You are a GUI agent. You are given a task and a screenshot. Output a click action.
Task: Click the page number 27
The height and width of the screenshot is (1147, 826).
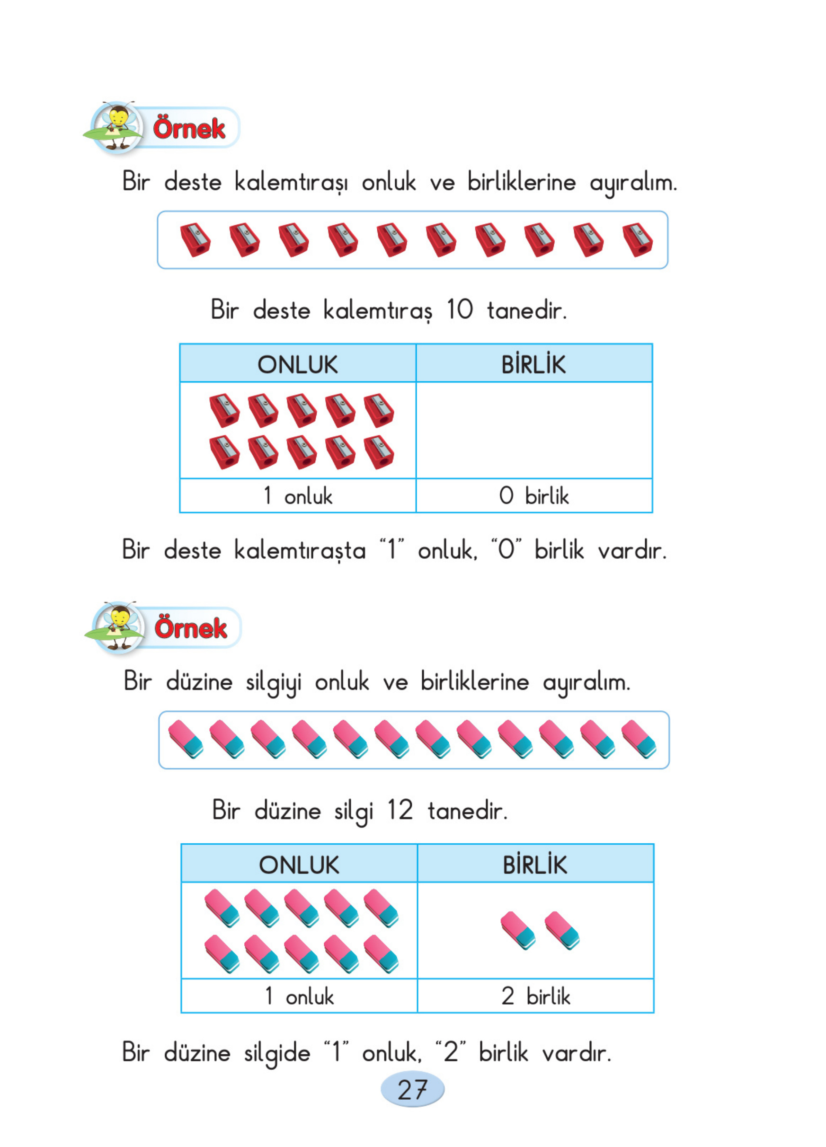click(412, 1089)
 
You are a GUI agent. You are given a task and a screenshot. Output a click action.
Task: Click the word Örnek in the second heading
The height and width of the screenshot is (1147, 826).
click(191, 627)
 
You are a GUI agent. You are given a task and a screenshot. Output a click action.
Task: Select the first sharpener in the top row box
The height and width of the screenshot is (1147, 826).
click(195, 240)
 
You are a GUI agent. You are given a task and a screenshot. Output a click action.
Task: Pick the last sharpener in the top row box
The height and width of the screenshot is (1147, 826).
click(637, 240)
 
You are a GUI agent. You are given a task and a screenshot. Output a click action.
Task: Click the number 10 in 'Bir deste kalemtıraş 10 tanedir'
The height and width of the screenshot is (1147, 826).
click(459, 309)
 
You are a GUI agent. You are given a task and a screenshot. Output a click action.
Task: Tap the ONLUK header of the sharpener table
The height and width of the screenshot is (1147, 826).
click(297, 364)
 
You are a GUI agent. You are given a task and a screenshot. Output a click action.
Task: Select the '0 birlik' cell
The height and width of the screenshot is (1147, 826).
click(533, 495)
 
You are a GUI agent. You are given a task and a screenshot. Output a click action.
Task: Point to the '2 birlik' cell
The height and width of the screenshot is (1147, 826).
click(535, 996)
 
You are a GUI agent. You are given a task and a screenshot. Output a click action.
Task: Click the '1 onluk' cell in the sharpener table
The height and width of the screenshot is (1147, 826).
click(297, 495)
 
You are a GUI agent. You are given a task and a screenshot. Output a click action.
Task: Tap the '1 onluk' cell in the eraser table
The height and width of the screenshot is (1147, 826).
click(299, 996)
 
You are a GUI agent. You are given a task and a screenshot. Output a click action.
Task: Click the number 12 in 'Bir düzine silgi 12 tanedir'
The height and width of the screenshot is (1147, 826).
click(400, 810)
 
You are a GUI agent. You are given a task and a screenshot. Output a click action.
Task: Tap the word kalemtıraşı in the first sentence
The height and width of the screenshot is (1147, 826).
click(291, 182)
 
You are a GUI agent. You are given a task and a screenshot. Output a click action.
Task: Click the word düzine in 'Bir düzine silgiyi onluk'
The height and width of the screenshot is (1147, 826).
click(199, 682)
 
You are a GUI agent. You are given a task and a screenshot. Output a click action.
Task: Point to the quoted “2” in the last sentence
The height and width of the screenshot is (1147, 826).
click(450, 1052)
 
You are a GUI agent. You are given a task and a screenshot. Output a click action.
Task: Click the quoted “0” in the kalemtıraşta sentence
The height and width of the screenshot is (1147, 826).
click(506, 550)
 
